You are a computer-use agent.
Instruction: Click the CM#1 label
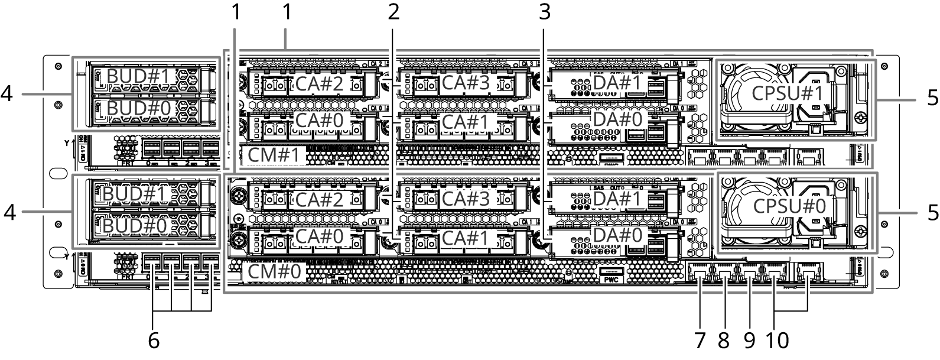274,155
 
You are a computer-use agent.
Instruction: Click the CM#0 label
274,272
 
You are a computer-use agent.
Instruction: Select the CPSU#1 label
788,93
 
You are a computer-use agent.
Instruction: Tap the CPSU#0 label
789,206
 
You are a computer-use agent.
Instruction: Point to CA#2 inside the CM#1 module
319,84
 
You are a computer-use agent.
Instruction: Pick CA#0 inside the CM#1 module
319,121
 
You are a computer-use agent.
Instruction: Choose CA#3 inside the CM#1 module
466,83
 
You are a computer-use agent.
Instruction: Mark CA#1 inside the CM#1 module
466,122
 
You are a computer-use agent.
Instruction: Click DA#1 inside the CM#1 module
617,83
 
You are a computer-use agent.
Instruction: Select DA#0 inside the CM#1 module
617,119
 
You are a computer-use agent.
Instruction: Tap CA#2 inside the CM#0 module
319,200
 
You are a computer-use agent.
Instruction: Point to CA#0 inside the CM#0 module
319,236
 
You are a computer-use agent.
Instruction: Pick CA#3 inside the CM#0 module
466,199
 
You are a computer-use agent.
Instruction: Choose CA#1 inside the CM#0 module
466,238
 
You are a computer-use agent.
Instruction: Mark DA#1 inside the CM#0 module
617,199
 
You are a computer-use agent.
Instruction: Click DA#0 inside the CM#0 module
617,235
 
